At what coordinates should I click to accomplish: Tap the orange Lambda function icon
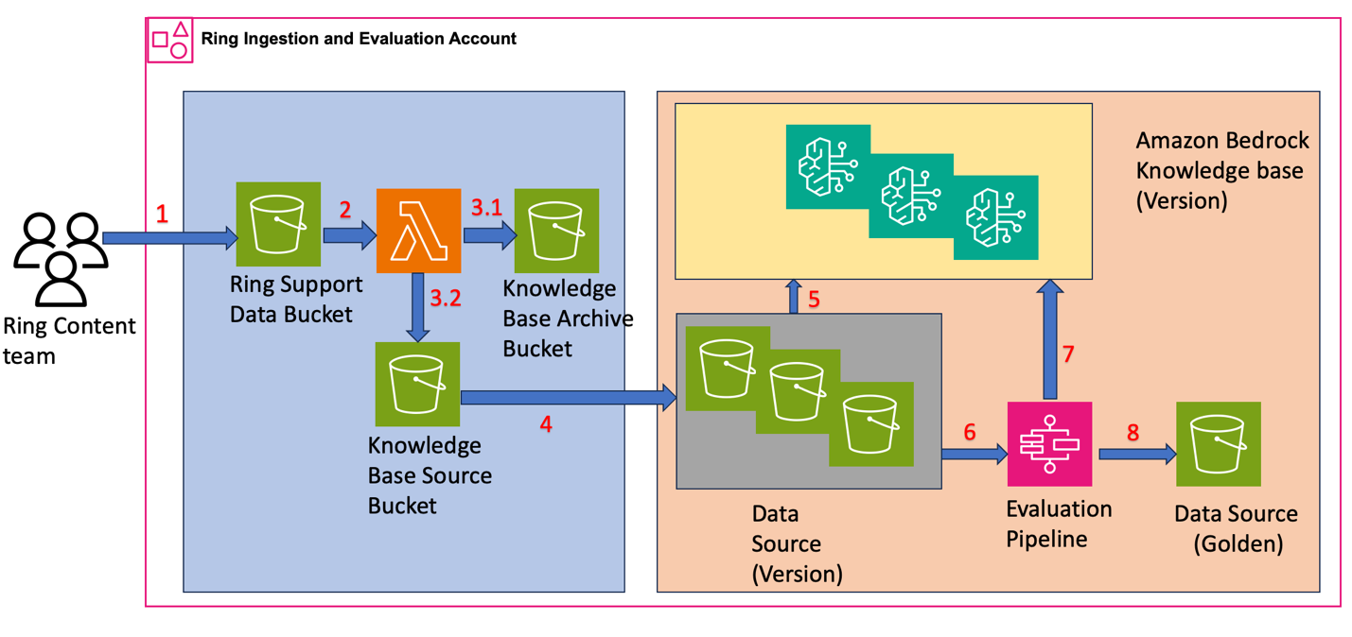418,231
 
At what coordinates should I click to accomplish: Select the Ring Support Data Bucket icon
277,224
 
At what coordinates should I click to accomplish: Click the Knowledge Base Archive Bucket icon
556,231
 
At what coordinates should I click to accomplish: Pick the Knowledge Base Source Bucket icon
417,384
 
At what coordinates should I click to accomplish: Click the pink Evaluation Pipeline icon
1049,444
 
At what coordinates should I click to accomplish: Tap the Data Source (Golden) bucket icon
1218,444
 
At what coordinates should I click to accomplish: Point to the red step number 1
162,215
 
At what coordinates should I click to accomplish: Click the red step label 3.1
486,208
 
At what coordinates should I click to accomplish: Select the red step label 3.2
446,299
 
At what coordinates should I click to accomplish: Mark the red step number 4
546,424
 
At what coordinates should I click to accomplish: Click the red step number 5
813,301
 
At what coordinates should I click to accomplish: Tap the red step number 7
1068,354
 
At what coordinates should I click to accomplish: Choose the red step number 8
1133,433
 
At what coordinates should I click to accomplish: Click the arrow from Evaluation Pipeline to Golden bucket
1136,455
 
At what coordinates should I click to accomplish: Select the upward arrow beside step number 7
1049,340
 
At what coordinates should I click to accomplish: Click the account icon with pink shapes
170,40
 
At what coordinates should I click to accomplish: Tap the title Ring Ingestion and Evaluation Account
359,39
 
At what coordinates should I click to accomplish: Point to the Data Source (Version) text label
797,543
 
